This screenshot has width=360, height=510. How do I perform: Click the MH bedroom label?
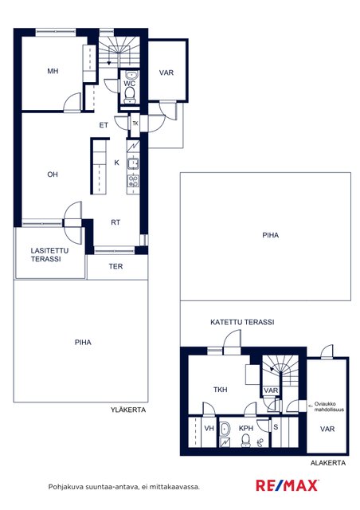click(x=53, y=71)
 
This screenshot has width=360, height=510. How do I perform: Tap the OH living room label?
click(x=53, y=175)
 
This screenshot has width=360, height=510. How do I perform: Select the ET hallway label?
click(x=104, y=125)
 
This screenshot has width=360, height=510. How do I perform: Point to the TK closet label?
click(x=135, y=124)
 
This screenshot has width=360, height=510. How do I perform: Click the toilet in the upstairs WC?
click(x=130, y=94)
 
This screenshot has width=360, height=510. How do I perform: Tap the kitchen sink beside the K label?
click(x=133, y=163)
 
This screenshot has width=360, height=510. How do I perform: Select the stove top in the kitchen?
click(x=133, y=181)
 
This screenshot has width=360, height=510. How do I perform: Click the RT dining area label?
click(x=115, y=222)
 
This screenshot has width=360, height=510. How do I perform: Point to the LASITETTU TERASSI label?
click(x=49, y=255)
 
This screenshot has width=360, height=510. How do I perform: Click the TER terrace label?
click(x=115, y=266)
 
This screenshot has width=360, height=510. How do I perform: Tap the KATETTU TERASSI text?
click(x=242, y=322)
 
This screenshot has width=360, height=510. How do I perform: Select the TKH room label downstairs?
click(x=220, y=390)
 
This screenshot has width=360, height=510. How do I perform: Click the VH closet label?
click(x=209, y=429)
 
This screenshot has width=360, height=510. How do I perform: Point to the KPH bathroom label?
click(x=246, y=429)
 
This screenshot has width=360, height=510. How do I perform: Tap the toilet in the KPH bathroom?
click(x=245, y=441)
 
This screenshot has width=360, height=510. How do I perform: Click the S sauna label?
click(x=276, y=427)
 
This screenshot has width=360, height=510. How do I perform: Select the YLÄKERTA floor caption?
click(x=128, y=410)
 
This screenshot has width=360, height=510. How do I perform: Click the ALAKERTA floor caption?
click(x=328, y=463)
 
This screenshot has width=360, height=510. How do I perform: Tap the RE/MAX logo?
click(x=288, y=485)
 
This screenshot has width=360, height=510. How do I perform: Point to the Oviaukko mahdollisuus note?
click(x=327, y=406)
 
